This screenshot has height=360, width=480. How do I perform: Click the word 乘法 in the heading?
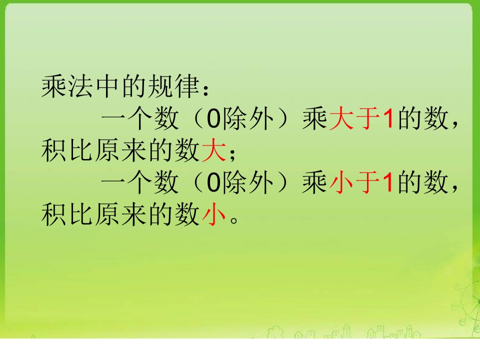67,86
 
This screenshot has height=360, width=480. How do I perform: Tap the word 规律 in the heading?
174,86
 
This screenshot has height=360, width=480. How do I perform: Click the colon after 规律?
206,89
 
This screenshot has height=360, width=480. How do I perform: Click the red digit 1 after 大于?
389,118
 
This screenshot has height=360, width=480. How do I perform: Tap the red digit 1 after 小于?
389,182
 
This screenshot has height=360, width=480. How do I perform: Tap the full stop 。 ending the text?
234,220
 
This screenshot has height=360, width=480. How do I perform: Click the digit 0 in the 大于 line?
213,119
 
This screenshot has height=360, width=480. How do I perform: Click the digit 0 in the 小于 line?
213,183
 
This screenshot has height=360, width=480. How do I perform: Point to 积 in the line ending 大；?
53,150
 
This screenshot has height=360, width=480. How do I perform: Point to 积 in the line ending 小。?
53,214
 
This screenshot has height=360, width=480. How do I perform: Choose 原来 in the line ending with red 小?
120,214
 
